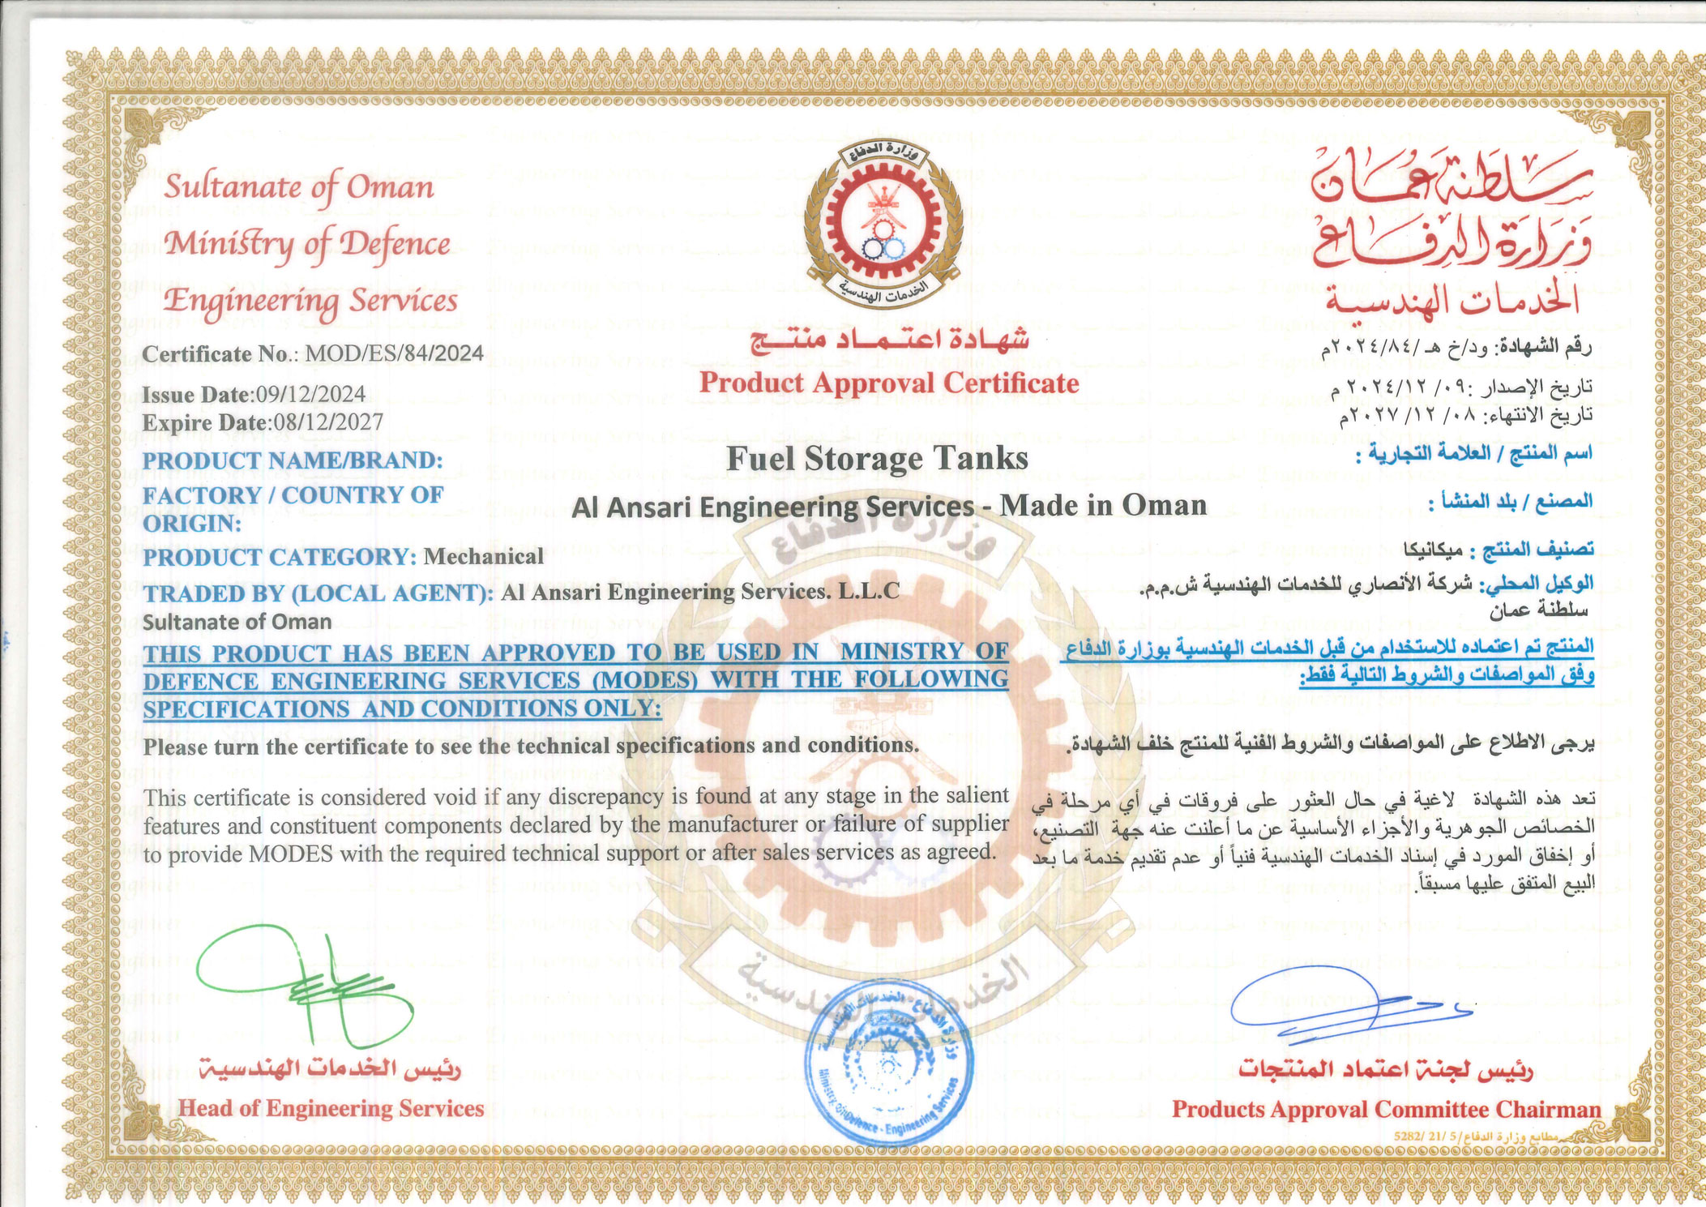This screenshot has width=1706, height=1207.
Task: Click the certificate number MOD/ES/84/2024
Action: tap(394, 353)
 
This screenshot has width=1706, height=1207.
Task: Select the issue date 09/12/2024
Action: tap(310, 395)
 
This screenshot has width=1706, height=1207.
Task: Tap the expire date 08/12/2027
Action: tap(328, 422)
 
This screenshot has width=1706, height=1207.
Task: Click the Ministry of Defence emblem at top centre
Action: tap(883, 221)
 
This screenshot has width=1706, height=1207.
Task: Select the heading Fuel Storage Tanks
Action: tap(877, 459)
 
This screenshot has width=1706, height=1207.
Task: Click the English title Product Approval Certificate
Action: tap(889, 383)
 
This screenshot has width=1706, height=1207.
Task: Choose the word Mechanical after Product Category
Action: tap(483, 557)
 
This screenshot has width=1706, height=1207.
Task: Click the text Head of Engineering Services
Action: tap(331, 1108)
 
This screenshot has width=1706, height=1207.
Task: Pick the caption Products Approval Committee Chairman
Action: tap(1386, 1109)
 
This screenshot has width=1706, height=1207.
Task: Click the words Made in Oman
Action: tap(1103, 506)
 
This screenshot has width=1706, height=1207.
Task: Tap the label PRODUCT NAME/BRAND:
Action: tap(293, 460)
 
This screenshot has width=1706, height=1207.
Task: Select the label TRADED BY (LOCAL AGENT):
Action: tap(318, 593)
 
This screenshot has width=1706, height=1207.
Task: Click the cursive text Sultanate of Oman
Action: tap(299, 187)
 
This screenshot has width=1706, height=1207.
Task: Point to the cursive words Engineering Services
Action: tap(310, 301)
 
